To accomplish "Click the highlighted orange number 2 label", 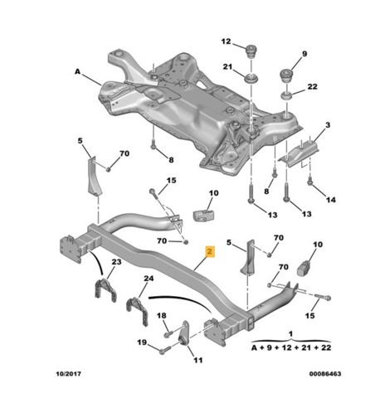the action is coord(210,251).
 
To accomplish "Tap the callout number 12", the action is coord(226,41).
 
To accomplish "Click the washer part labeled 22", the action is coord(286,97).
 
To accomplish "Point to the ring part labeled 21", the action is coord(251,79).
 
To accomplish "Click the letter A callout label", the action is coord(77,71).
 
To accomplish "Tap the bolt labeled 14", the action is coord(310,181).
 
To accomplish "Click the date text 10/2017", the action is coord(69,374).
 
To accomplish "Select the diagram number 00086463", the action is coord(325,374).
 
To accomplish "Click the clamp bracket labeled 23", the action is coord(105,290).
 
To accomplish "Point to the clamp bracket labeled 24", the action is coord(137,311).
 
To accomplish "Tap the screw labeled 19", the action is coord(163,351).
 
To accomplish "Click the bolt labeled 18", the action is coord(168,334).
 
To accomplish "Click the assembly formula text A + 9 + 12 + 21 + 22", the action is coord(291,347).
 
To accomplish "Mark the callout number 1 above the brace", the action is coord(290,334).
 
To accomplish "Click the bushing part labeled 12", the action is coord(251,51).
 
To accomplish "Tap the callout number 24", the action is coord(149,279).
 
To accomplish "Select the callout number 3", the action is coord(328,125).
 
